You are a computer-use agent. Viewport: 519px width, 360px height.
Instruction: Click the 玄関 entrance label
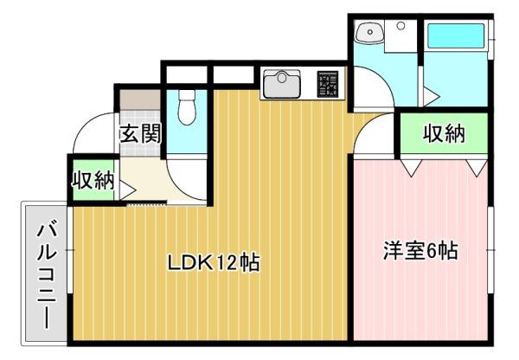coord(139,134)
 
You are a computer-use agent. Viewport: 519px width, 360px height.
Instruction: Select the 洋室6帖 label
coord(420,252)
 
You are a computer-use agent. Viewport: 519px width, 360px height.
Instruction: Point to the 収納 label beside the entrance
coord(93,181)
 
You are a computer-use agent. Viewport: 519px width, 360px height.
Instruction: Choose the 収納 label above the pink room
coord(444,134)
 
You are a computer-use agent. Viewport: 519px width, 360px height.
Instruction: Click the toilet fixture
coord(184,110)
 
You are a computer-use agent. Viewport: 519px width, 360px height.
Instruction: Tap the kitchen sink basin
coord(281,85)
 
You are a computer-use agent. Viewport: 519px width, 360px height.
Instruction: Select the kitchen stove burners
coord(330,83)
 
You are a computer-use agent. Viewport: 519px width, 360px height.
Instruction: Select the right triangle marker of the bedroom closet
coord(474,163)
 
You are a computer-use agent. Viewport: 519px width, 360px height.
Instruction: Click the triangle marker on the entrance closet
coord(125,184)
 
